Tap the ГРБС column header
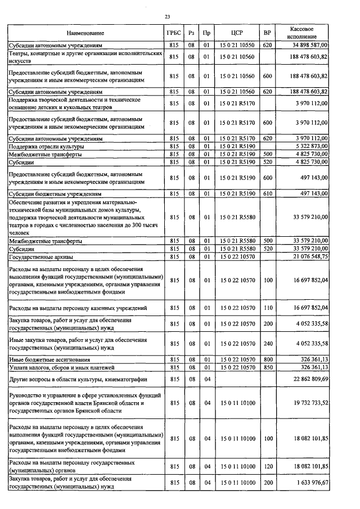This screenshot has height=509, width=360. coord(174,33)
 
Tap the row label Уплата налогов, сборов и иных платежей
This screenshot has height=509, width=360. coord(62,367)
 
